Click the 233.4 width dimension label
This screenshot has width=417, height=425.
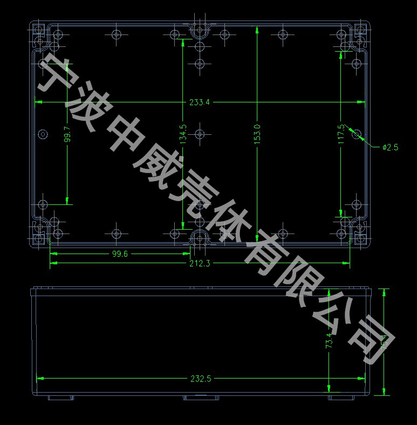(x=199, y=102)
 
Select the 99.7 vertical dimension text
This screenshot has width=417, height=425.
(x=67, y=134)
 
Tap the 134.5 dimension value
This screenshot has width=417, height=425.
(x=183, y=134)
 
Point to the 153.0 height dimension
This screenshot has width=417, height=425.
(x=257, y=134)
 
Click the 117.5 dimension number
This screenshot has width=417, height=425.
(x=340, y=134)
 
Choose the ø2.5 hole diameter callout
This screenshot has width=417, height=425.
(x=389, y=147)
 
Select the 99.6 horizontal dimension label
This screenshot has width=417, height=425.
(x=119, y=255)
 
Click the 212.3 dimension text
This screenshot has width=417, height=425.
(x=199, y=263)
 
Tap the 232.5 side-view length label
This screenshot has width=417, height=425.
(x=200, y=379)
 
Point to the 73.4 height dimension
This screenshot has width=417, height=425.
(x=329, y=342)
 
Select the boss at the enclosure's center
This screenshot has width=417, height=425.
(x=200, y=134)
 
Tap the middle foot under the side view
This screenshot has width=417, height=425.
(x=201, y=398)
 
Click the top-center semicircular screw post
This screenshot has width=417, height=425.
(x=200, y=31)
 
